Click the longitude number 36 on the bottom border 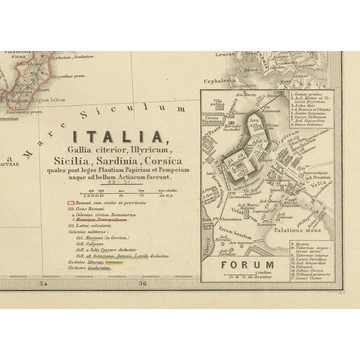tap(142, 284)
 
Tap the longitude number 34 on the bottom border tap(43, 284)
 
